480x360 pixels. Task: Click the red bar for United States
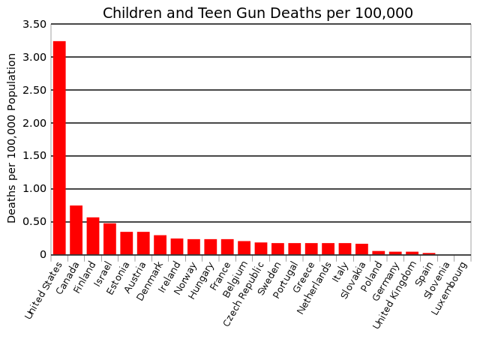[59, 148]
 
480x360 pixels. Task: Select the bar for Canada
[76, 230]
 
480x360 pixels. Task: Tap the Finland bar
[93, 236]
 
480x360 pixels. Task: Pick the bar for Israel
[109, 239]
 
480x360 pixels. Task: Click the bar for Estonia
[127, 243]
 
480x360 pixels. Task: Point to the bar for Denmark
[160, 245]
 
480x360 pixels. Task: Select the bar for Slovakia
[361, 249]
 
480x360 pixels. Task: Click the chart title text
[257, 13]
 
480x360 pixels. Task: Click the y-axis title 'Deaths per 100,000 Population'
[12, 138]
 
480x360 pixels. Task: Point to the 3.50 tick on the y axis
[34, 24]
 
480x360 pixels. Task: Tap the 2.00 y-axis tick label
[34, 123]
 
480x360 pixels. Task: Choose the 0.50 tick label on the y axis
[34, 222]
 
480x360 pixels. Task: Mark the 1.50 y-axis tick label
[34, 156]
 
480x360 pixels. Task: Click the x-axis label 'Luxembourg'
[451, 287]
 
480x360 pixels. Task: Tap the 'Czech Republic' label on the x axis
[244, 293]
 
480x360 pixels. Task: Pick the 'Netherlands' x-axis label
[315, 288]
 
